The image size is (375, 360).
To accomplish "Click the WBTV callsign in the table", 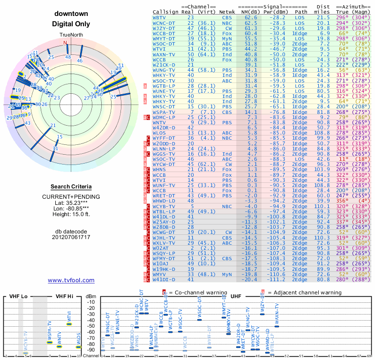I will point(159,17).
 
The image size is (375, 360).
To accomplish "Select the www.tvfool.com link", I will point(71,280).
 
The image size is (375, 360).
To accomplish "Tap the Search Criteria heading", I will point(71,187).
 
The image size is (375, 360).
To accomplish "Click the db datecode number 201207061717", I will point(71,237).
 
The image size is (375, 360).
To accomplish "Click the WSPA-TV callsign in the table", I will point(162,112).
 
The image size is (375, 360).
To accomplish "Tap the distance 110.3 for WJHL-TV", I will point(323,238).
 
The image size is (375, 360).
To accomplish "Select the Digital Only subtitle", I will point(71,24).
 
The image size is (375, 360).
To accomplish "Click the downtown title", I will point(71,14).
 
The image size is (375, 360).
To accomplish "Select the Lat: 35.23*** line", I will point(71,203).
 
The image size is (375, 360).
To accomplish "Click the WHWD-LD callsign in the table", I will point(162,200).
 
